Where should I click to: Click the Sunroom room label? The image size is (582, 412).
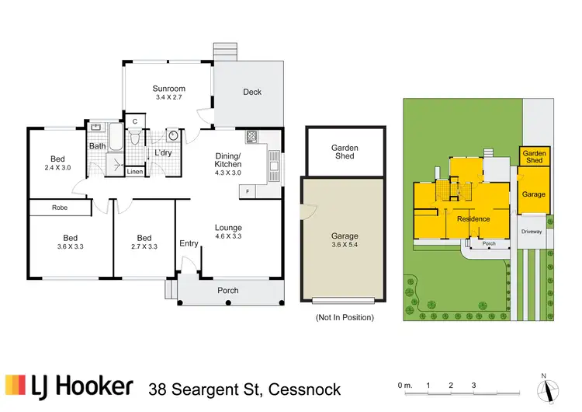(x=169, y=89)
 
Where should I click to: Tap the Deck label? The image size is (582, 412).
(x=252, y=92)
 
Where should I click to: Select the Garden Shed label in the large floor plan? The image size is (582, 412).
(x=345, y=152)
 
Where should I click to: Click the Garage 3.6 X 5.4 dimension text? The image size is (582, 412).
(x=345, y=245)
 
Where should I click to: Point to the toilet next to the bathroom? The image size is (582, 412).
(x=134, y=137)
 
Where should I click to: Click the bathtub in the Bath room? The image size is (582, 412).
(x=116, y=138)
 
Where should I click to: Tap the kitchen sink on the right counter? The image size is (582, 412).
(x=274, y=166)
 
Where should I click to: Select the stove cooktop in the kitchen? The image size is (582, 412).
(x=251, y=137)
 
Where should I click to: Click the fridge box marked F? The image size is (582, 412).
(x=248, y=191)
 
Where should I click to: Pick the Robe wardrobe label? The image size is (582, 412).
(x=60, y=208)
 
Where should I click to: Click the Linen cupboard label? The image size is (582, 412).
(x=135, y=172)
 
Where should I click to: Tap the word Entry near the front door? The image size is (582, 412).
(x=189, y=243)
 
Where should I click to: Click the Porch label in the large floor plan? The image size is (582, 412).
(x=228, y=291)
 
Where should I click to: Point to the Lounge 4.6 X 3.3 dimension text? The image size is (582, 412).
(x=228, y=236)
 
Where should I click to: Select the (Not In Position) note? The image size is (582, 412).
(x=345, y=317)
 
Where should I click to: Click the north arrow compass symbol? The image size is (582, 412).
(x=548, y=390)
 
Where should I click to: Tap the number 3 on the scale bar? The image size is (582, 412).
(x=473, y=386)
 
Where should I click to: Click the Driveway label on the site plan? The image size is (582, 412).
(x=532, y=232)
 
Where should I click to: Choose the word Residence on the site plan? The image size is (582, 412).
(x=473, y=219)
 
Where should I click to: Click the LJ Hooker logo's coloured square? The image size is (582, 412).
(x=16, y=385)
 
